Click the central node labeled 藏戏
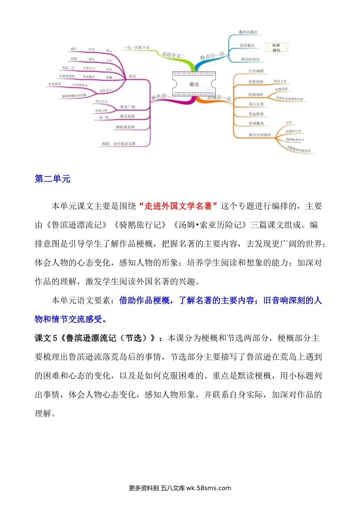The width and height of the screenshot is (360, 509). (x=194, y=84)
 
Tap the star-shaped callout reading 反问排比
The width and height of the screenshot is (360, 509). (x=276, y=48)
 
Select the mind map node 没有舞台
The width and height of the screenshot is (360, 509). (x=247, y=45)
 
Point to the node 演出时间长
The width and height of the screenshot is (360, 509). (x=250, y=59)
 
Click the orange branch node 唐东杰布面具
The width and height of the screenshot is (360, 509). (x=260, y=135)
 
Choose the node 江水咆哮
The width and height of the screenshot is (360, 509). (x=256, y=71)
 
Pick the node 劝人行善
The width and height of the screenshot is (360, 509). (x=256, y=104)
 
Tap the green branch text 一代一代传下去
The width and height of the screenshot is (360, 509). (x=136, y=48)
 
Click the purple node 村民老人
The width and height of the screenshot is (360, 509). (x=106, y=91)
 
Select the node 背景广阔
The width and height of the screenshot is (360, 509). (x=127, y=107)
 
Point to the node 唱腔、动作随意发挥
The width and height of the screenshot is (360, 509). (x=119, y=144)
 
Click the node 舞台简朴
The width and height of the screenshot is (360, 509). (x=127, y=116)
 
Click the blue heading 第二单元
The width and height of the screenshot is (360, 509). (x=52, y=179)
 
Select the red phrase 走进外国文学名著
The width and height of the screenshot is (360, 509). (x=178, y=206)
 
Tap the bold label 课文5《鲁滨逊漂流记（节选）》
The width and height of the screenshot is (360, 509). (x=95, y=338)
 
